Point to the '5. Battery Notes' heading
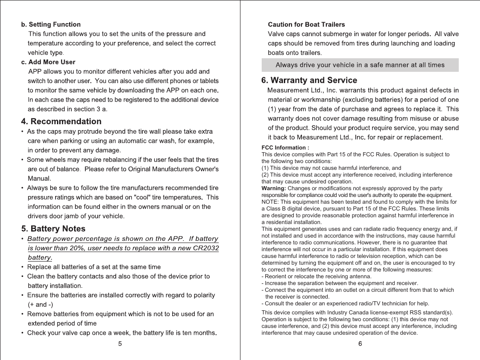click(53, 229)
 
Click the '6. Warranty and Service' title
click(309, 80)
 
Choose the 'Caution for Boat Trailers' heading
click(306, 24)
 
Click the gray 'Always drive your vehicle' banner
click(360, 65)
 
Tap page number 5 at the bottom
click(120, 344)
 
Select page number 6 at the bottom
click(360, 344)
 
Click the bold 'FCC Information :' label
click(285, 148)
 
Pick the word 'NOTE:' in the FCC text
click(270, 202)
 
